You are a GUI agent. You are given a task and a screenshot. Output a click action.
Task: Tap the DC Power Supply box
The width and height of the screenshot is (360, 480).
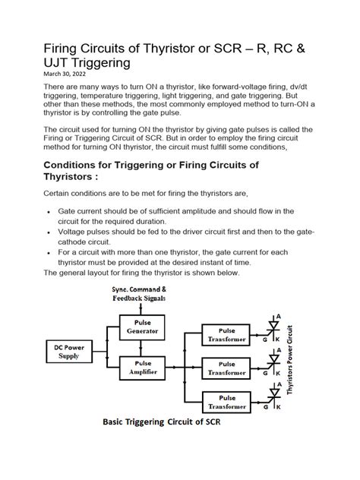point(65,351)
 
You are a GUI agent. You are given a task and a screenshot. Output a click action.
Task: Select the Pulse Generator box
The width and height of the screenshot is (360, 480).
point(143,327)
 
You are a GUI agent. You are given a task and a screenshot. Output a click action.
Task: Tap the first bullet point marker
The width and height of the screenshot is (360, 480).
point(49,210)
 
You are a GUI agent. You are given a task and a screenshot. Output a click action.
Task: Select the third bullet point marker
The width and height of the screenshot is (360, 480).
point(49,251)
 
